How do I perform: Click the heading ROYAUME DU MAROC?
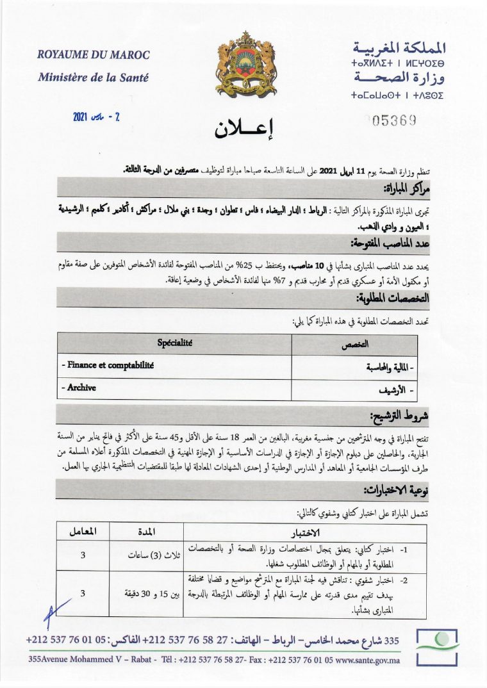(93, 56)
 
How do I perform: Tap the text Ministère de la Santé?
(93, 78)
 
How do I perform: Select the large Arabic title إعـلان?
(244, 129)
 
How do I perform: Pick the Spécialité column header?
(175, 343)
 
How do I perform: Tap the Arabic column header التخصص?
(354, 344)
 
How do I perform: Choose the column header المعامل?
(83, 531)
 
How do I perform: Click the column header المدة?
(147, 531)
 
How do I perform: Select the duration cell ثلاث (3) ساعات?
(147, 555)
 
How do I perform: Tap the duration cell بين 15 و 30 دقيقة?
(147, 593)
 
